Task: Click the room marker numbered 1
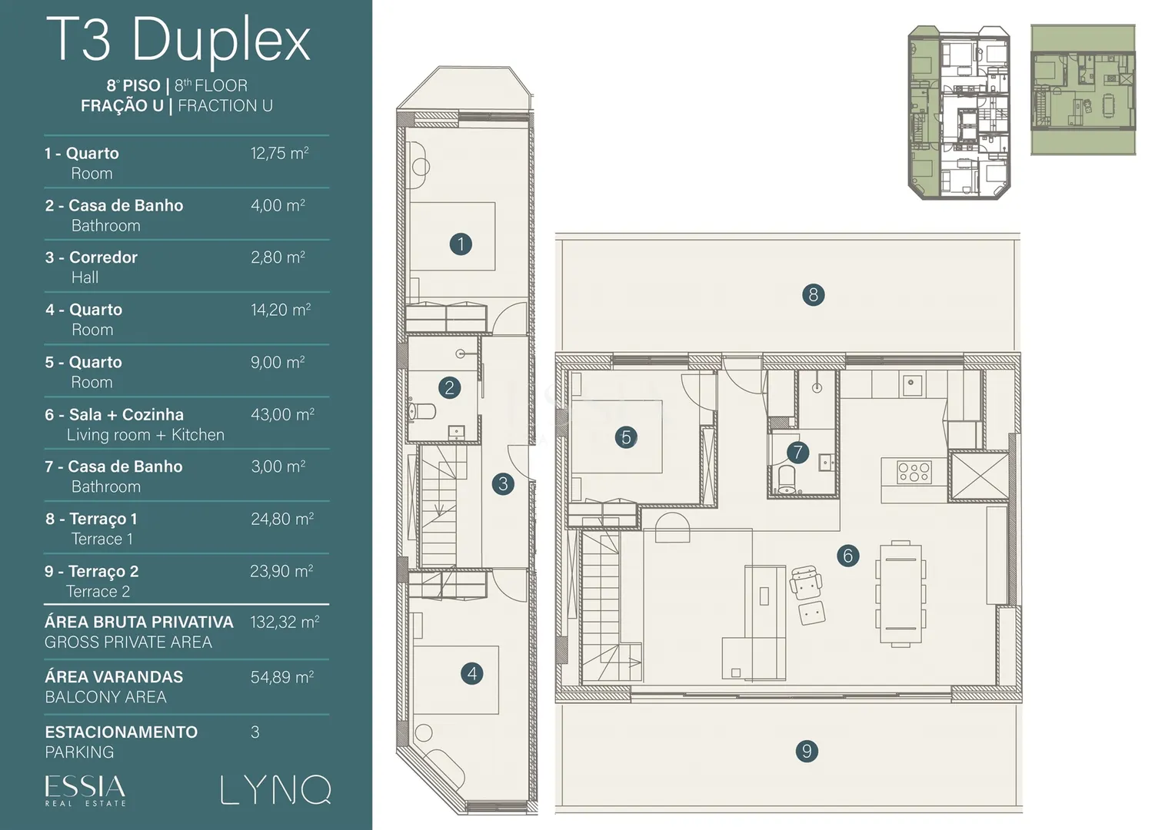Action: point(461,244)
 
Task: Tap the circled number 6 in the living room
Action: point(847,556)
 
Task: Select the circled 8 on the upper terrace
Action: point(813,294)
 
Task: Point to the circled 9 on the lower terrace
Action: point(807,752)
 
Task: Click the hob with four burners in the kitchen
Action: point(914,471)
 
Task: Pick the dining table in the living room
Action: point(900,593)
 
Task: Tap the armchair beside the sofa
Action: point(806,582)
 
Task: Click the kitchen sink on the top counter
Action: point(912,385)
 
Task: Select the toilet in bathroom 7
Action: point(786,480)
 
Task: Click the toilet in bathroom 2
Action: point(421,412)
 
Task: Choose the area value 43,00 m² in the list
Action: point(282,414)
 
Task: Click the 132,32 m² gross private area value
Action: point(285,622)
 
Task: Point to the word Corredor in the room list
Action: point(103,257)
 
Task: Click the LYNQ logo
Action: point(275,789)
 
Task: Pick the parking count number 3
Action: point(255,732)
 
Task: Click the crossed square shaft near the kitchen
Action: point(980,476)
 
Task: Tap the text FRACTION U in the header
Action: point(225,105)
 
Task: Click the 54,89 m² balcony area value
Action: point(282,677)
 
